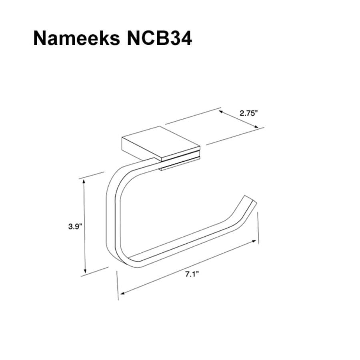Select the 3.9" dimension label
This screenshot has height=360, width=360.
pos(75,226)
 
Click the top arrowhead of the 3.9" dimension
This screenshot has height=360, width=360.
pos(84,181)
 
